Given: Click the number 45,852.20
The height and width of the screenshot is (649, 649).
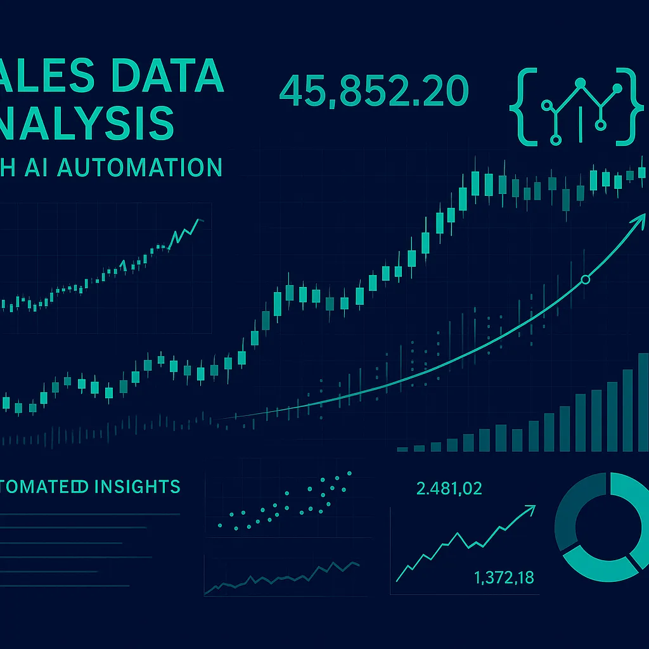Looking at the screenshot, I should [x=373, y=91].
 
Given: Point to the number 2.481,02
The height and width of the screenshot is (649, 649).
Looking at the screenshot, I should [x=449, y=489].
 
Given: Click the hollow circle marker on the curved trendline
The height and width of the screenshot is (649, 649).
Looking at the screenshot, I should [x=585, y=280].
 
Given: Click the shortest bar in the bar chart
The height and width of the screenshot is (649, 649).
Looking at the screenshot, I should [x=402, y=449].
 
